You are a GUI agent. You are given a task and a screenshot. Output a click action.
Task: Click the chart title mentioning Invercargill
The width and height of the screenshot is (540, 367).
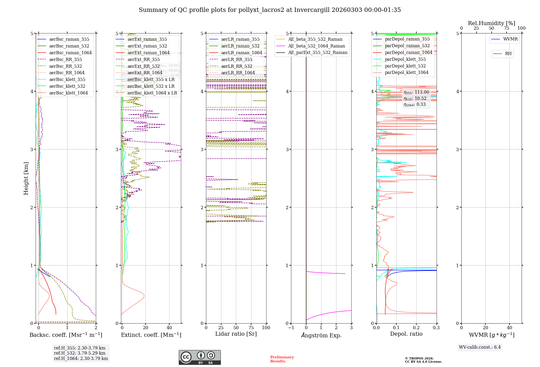[270, 10]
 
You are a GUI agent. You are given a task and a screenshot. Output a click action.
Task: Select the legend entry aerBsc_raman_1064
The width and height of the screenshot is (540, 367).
[70, 53]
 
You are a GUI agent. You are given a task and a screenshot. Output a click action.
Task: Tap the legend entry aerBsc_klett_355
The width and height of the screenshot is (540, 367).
[67, 79]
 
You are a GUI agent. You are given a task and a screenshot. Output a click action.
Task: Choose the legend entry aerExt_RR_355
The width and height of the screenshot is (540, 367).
[143, 59]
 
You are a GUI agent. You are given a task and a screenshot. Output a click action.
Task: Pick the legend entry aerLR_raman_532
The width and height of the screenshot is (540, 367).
[240, 46]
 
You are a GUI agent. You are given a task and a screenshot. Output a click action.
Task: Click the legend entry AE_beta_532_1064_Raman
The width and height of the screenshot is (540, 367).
[316, 46]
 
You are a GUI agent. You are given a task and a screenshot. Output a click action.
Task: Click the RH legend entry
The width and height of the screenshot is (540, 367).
[508, 54]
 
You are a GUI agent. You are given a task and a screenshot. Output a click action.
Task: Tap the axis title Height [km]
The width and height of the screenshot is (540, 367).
[26, 178]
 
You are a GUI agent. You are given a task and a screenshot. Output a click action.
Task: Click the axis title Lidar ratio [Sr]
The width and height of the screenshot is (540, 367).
[236, 334]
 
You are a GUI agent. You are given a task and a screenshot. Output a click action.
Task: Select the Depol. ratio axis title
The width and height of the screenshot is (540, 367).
[406, 334]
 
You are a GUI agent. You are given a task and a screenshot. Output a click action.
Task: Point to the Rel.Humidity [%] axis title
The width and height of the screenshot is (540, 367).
[491, 23]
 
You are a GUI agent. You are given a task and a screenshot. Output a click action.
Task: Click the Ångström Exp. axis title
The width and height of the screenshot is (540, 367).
[321, 335]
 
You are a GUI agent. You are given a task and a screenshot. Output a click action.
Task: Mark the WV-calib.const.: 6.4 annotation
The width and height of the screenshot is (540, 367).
[480, 347]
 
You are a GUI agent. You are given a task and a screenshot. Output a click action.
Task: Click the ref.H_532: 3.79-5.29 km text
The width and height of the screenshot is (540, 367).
[80, 353]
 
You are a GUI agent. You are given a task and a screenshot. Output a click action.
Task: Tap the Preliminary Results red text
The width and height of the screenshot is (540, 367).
[282, 359]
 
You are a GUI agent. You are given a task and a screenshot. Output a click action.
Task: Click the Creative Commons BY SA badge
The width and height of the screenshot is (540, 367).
[200, 357]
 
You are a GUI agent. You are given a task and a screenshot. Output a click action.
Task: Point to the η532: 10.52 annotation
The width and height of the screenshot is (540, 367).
[415, 98]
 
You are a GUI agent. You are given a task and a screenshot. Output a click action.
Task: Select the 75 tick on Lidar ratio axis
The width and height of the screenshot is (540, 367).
[251, 328]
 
